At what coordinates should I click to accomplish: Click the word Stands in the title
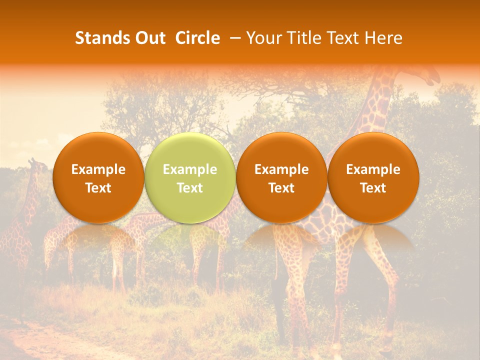pyautogui.click(x=102, y=38)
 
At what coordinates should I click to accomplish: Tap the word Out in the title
pyautogui.click(x=150, y=38)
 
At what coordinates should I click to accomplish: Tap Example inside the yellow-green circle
pyautogui.click(x=190, y=169)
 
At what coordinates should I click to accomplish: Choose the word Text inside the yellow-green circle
pyautogui.click(x=190, y=188)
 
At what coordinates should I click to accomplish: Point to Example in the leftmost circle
pyautogui.click(x=98, y=169)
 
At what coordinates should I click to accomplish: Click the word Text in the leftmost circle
pyautogui.click(x=98, y=188)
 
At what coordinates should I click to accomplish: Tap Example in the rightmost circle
pyautogui.click(x=373, y=169)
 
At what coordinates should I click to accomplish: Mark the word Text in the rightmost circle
pyautogui.click(x=373, y=188)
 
